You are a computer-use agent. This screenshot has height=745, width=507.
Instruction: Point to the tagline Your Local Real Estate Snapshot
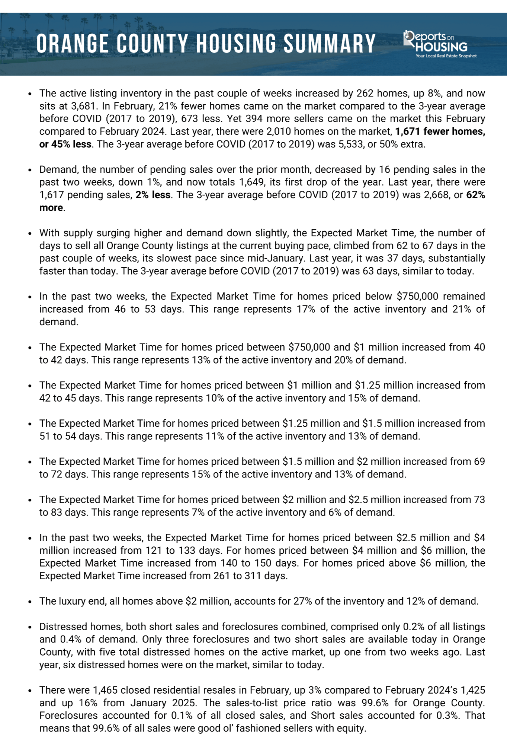446,56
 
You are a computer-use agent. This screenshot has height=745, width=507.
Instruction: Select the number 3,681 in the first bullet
83,106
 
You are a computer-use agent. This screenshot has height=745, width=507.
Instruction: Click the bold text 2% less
153,195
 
